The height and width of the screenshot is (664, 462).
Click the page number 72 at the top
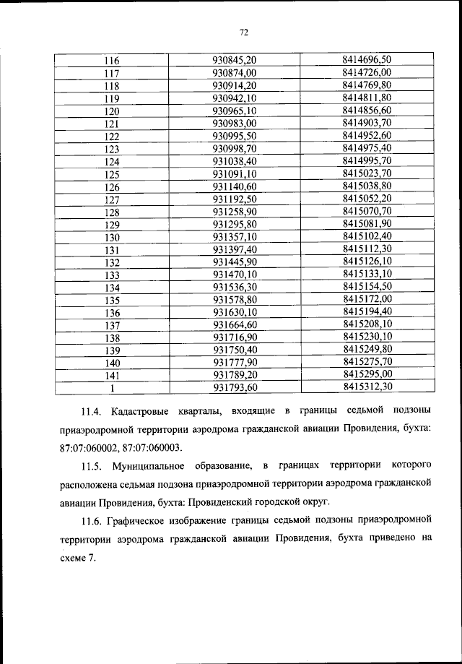pos(243,32)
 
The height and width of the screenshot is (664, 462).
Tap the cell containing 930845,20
pos(235,61)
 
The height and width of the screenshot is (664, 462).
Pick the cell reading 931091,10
pos(235,175)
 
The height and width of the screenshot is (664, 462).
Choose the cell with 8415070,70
pos(367,211)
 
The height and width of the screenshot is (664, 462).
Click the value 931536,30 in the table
pos(235,288)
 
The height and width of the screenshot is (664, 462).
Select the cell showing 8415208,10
pos(367,324)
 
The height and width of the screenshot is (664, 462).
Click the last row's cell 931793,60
pos(235,388)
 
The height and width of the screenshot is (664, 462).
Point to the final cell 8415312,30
pos(367,387)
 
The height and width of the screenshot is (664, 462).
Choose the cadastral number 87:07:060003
pos(152,448)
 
